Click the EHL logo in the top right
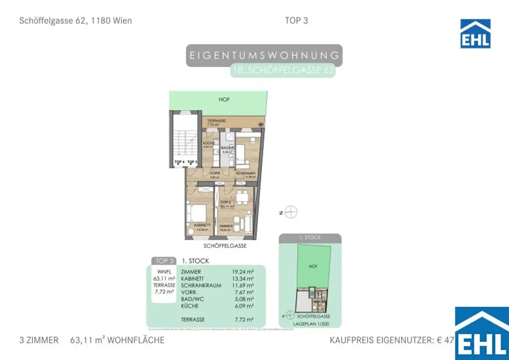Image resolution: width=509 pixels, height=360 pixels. click(x=475, y=33)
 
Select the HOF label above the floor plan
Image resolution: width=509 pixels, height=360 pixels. click(x=225, y=100)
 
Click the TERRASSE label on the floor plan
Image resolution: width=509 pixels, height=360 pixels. click(x=217, y=121)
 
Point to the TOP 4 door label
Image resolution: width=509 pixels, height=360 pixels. click(x=179, y=162)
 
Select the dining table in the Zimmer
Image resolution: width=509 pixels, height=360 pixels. click(x=242, y=197)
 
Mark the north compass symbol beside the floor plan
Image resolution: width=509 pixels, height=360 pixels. click(x=292, y=212)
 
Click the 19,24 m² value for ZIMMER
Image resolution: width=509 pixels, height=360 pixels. click(x=243, y=272)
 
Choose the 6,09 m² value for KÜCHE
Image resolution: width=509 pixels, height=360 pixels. click(x=243, y=306)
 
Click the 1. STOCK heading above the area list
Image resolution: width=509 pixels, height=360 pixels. click(x=195, y=261)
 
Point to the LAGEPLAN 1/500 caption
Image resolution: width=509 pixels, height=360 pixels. click(x=311, y=324)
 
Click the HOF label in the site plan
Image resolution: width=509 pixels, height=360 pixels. click(x=313, y=267)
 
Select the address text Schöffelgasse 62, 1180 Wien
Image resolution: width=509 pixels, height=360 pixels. click(x=75, y=21)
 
